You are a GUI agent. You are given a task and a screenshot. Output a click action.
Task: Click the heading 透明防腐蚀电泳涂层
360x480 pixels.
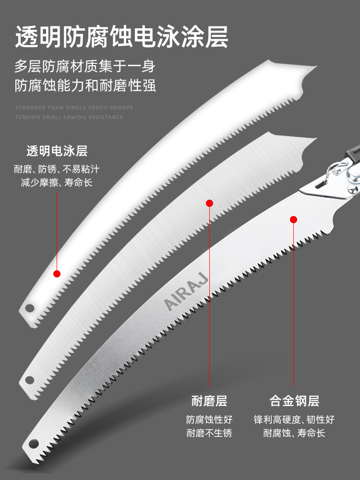[121, 37]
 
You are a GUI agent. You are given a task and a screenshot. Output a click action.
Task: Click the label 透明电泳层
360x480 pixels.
[57, 151]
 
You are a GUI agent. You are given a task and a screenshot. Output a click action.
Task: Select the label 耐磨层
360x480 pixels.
[209, 401]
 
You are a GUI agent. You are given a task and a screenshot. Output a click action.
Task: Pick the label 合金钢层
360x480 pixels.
[294, 401]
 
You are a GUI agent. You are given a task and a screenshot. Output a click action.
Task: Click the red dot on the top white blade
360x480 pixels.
[57, 274]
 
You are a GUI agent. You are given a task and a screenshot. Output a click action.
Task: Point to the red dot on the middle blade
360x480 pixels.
[209, 203]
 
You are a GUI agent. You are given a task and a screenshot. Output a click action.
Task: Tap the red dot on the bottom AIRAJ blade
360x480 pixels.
[294, 219]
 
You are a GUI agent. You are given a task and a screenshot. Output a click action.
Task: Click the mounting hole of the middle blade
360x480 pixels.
[29, 380]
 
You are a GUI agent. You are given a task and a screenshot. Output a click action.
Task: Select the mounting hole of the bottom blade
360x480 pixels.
[35, 442]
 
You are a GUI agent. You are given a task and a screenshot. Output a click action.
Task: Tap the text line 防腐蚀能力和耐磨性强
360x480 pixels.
[85, 86]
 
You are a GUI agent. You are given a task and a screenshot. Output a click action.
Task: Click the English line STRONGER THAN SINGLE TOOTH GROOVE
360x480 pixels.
[74, 108]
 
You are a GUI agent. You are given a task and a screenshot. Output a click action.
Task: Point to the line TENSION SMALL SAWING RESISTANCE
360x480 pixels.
[69, 117]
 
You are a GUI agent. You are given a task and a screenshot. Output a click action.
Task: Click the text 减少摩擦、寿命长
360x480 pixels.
[57, 182]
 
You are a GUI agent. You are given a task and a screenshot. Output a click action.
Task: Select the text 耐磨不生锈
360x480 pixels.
[209, 433]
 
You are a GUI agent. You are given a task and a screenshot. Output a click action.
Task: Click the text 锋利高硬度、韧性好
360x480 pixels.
[294, 420]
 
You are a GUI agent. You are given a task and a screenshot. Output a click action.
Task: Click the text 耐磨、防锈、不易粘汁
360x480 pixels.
[57, 169]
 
